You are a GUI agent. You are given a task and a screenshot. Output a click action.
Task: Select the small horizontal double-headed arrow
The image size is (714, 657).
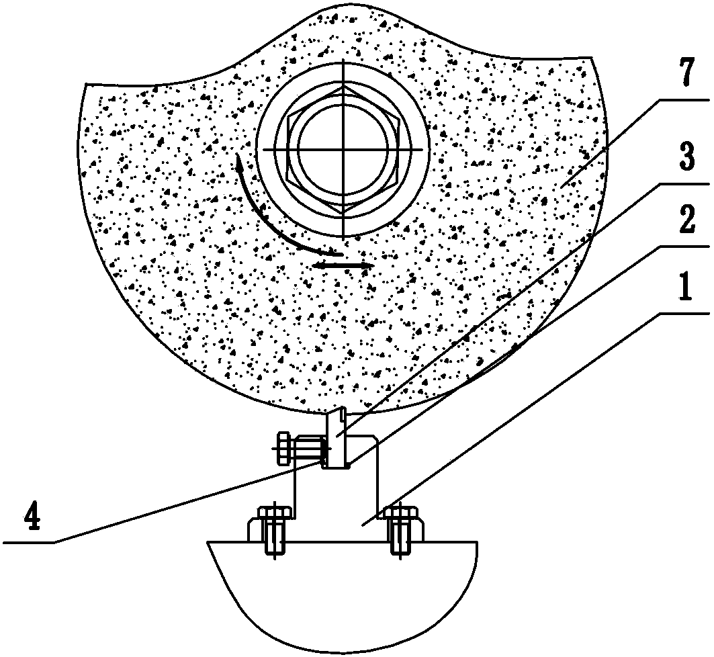343,267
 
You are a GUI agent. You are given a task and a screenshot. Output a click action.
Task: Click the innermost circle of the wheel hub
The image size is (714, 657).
343,148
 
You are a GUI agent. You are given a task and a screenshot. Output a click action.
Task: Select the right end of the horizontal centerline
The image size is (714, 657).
427,148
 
